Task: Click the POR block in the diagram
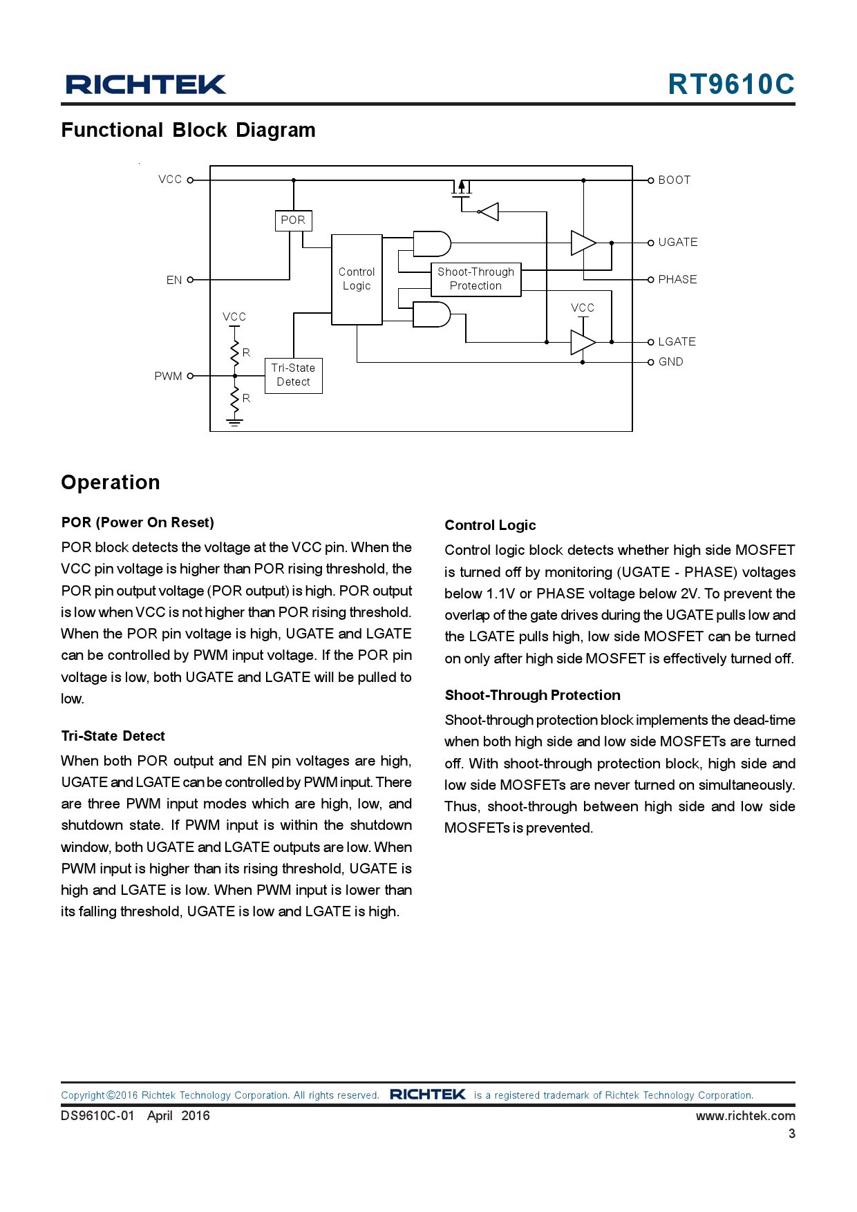tap(293, 220)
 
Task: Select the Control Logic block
tap(357, 279)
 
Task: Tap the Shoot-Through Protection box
tap(475, 279)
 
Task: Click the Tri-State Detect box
tap(293, 375)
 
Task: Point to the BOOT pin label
tap(674, 180)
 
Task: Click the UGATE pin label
tap(677, 243)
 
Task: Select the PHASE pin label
tap(677, 280)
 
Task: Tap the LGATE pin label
tap(677, 342)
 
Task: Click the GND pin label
tap(670, 362)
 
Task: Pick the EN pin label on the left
tap(174, 280)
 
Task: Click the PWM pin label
tap(168, 377)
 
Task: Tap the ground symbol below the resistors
tap(235, 422)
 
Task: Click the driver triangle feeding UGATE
tap(583, 243)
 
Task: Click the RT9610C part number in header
tap(731, 84)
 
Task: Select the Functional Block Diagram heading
tap(188, 131)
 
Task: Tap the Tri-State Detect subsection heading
tap(113, 736)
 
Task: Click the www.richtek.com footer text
tap(745, 1116)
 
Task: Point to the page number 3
tap(791, 1134)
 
